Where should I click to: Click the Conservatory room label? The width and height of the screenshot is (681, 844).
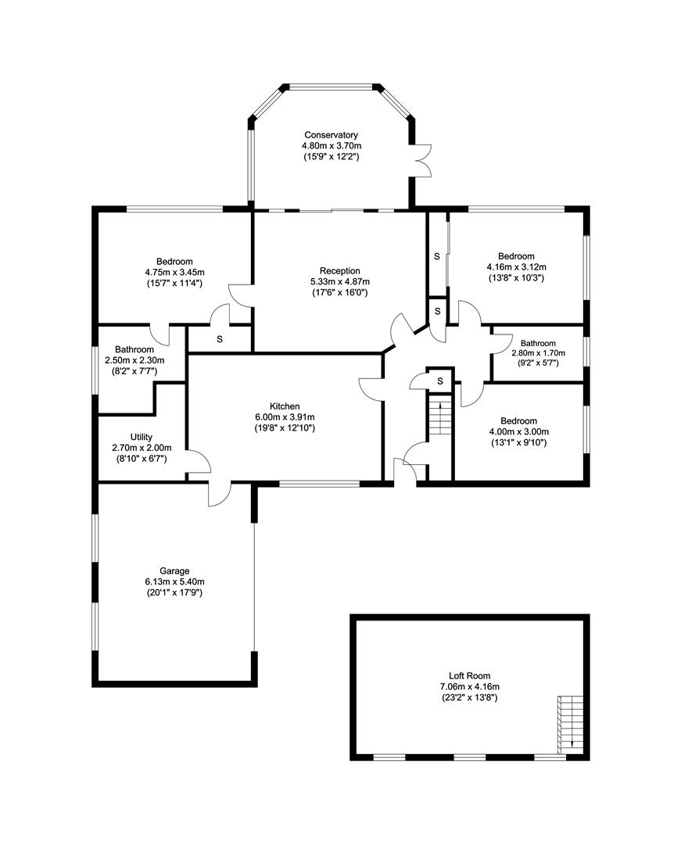point(331,135)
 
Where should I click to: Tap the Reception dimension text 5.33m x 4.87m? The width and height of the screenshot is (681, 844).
point(339,281)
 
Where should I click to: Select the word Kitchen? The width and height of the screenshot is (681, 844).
point(285,406)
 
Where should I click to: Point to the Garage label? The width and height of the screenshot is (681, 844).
point(174,571)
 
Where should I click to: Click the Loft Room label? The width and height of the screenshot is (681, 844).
point(469,675)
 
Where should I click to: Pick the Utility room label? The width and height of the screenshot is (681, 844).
point(142,437)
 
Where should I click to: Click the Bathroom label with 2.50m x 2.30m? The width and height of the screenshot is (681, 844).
point(134,349)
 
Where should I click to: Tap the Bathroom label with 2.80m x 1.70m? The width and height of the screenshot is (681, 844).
point(538,343)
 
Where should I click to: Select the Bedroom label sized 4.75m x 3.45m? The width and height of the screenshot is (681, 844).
point(174,262)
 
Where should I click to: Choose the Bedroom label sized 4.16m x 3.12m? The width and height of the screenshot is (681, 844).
point(516,256)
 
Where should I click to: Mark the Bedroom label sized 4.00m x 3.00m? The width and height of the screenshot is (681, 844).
point(518,421)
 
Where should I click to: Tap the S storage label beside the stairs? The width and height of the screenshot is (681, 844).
point(440,381)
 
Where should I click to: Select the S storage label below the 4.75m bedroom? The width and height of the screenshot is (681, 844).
point(220,339)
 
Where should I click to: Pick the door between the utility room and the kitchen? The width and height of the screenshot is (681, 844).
point(198,461)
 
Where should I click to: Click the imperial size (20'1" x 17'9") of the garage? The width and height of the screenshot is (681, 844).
point(174,593)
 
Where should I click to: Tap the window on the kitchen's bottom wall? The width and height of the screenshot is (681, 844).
point(319,484)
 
